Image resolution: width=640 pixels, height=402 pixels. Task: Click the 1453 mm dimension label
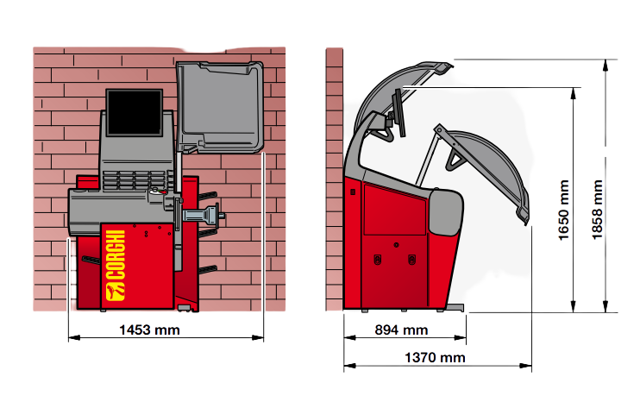point(149,330)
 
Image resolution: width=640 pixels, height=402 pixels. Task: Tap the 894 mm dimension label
point(401,330)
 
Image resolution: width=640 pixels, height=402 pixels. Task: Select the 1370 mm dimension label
point(435,357)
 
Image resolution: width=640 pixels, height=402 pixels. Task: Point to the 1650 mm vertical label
point(563,210)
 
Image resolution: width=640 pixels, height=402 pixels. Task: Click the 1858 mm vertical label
point(597,210)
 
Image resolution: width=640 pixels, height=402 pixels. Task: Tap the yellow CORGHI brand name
point(115,254)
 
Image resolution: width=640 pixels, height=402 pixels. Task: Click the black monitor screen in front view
point(135,112)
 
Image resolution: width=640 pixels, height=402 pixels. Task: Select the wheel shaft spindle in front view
point(203,215)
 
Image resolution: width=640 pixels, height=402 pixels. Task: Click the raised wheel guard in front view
point(220,107)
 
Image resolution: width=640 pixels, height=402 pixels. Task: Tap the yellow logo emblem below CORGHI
point(115,292)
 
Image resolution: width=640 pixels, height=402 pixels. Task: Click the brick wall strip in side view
point(335,179)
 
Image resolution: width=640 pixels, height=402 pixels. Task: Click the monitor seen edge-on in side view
point(398,113)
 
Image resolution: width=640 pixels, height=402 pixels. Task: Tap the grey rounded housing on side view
point(445,212)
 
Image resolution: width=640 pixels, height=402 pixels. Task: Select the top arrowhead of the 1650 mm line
point(573,93)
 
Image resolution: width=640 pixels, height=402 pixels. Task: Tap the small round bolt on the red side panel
point(396,245)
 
